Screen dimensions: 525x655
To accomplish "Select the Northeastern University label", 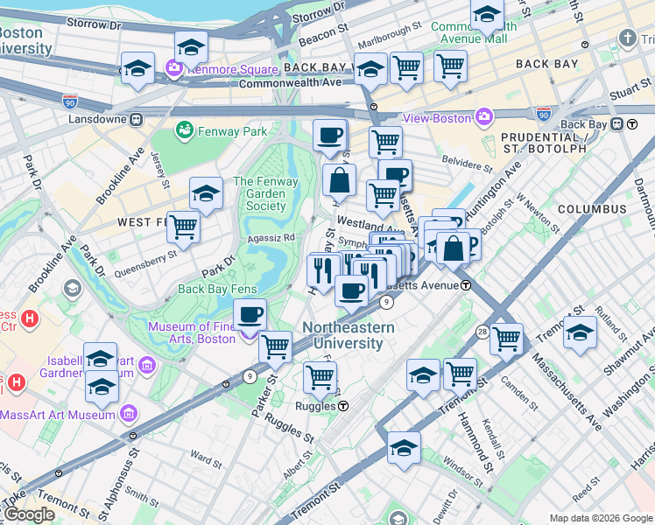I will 348,335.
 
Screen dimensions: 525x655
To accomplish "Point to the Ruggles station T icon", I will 344,406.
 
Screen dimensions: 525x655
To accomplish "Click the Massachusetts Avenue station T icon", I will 467,285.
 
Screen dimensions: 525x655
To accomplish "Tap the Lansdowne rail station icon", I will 136,118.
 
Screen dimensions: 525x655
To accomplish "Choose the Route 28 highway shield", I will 482,332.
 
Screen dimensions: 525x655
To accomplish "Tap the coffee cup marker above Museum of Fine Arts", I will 250,314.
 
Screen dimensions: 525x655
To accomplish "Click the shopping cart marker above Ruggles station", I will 320,376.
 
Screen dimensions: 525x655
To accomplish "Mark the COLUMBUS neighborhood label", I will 592,209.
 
